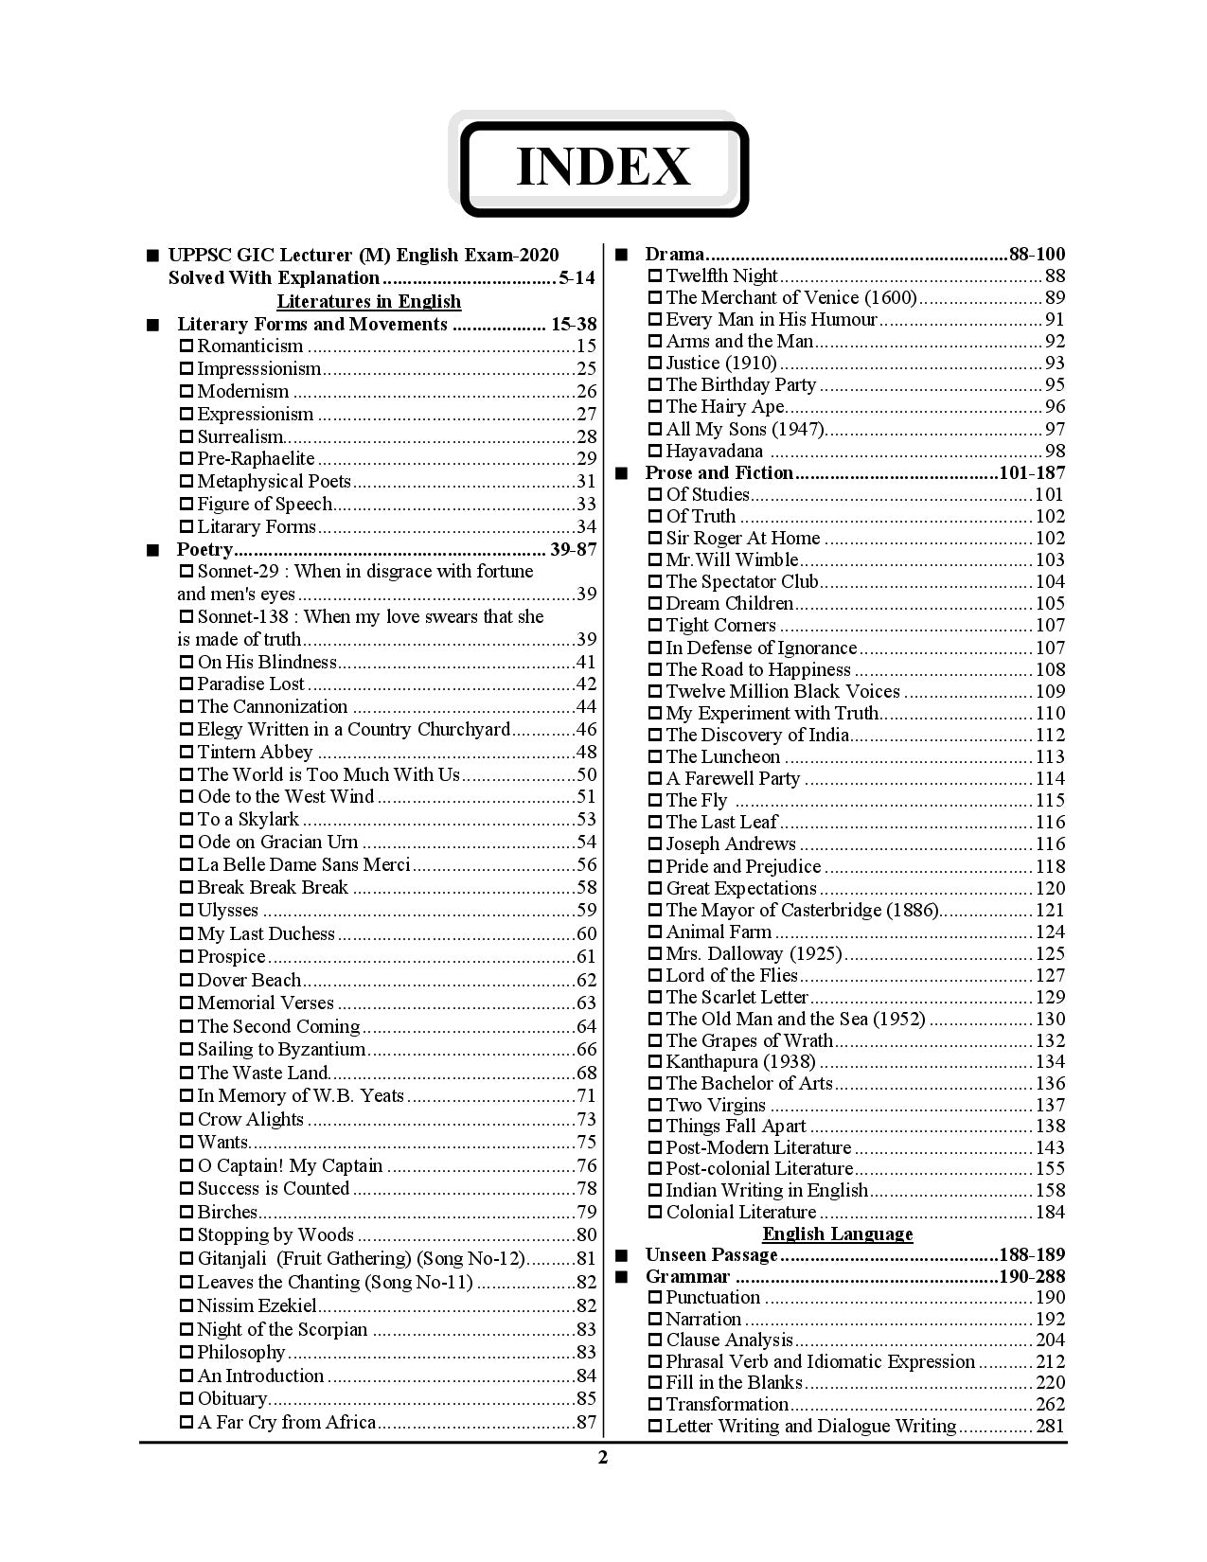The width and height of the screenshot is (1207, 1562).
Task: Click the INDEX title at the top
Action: [603, 168]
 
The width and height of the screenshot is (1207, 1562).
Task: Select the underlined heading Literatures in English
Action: [368, 302]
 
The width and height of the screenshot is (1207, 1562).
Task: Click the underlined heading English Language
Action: [838, 1234]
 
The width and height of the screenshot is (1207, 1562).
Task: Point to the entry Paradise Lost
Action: [251, 684]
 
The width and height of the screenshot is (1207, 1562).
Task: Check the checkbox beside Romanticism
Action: [186, 346]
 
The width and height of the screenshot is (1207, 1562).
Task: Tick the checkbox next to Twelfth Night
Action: [655, 276]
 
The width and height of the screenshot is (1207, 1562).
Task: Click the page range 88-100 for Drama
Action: [1037, 254]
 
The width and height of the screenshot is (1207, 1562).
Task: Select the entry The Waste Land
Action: [262, 1073]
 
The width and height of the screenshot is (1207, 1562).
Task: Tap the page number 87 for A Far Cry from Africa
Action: [586, 1422]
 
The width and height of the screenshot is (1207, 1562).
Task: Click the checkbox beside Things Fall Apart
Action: [655, 1127]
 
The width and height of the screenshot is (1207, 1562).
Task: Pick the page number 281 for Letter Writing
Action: [1050, 1427]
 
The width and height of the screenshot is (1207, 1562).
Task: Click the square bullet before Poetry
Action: [152, 550]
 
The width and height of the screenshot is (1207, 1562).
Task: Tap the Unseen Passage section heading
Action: [711, 1255]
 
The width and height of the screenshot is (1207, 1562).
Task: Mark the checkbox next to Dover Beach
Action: [186, 981]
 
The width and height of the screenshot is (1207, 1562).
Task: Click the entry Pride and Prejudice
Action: [743, 867]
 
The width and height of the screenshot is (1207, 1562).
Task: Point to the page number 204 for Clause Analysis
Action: [1050, 1340]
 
